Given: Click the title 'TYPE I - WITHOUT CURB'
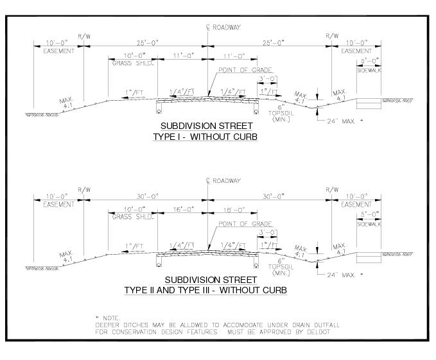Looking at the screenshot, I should tap(205, 137).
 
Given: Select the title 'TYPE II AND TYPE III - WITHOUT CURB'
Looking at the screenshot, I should tap(205, 290).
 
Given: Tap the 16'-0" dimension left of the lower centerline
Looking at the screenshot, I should tap(180, 209).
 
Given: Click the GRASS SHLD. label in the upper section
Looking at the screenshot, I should tap(126, 64).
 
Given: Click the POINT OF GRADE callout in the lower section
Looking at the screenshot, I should tap(245, 224).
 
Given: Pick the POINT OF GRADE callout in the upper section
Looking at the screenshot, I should tap(245, 70).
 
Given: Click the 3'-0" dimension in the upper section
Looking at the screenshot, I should tap(268, 78).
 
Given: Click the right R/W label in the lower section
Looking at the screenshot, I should tap(331, 190).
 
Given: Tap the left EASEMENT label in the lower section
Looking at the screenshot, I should tap(58, 205).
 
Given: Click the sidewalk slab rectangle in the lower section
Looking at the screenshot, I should tap(369, 257).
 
